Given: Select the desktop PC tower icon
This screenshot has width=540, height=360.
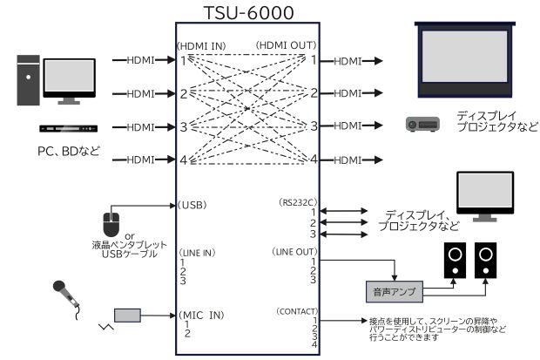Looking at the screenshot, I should tap(29, 80).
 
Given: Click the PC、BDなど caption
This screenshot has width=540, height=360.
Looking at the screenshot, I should tap(69, 151).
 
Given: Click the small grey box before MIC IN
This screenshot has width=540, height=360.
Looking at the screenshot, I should tap(129, 315).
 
